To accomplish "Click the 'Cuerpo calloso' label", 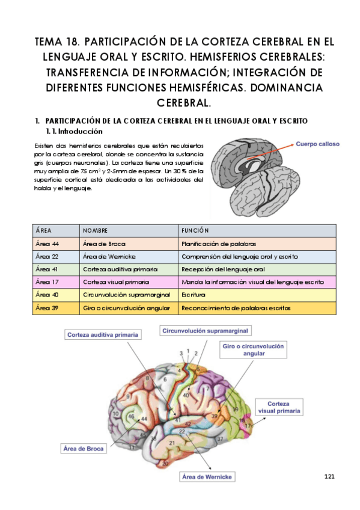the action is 317,144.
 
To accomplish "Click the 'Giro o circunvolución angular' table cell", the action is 128,307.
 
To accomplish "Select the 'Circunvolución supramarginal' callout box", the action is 206,331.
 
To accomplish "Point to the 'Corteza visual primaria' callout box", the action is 279,408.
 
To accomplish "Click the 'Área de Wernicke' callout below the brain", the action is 207,477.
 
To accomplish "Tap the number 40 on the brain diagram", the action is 187,395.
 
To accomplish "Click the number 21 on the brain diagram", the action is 172,443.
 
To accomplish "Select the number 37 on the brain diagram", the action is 220,439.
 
